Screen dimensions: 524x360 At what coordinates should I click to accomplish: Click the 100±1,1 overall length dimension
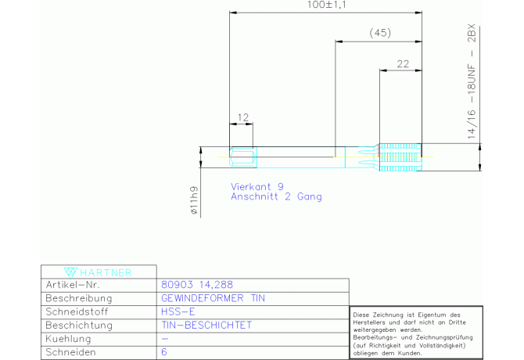point(326,5)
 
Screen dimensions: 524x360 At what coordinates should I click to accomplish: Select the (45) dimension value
point(380,33)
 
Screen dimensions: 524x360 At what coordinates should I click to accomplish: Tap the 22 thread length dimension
point(403,64)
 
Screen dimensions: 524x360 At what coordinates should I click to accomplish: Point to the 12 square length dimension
point(243,117)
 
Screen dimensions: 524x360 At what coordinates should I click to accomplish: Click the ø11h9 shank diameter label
point(194,200)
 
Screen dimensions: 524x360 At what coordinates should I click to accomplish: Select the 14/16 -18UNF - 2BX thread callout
point(471,81)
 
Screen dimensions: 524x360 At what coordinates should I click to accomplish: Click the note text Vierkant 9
point(257,186)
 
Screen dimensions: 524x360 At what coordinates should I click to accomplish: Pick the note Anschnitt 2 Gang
point(276,196)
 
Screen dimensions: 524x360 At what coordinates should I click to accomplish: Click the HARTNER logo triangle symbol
point(70,272)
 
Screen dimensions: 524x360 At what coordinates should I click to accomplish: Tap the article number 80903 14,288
point(197,285)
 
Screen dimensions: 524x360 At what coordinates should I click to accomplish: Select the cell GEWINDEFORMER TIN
point(213,298)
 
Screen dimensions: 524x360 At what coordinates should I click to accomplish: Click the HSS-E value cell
point(178,311)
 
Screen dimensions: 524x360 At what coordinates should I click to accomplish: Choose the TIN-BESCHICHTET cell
point(206,326)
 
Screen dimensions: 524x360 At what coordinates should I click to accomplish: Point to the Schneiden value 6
point(164,352)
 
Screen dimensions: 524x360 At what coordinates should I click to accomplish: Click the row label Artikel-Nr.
point(73,285)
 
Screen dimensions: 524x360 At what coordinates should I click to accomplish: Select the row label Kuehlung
point(68,339)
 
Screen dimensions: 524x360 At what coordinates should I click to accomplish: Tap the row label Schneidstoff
point(77,311)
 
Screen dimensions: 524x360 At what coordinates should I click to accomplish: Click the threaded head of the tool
point(400,157)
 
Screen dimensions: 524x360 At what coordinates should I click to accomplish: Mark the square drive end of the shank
point(243,157)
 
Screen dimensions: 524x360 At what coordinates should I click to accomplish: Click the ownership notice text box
point(416,333)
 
